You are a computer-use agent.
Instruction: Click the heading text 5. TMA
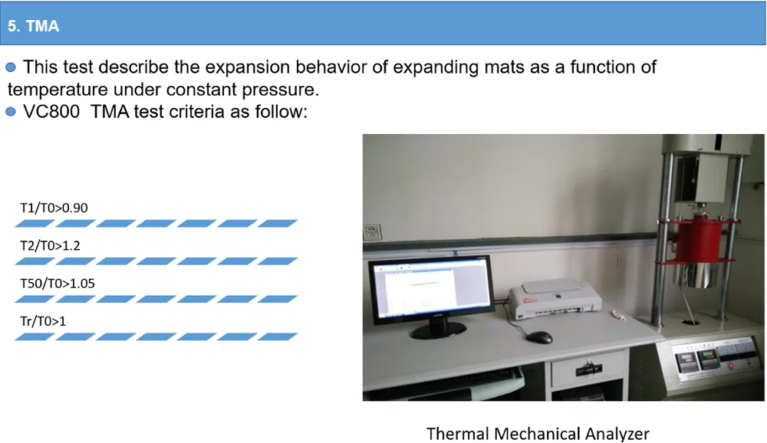(x=33, y=25)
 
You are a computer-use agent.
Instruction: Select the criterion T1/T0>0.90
(x=54, y=208)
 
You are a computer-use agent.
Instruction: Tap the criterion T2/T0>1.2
(x=50, y=245)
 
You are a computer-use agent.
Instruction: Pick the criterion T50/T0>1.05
(x=58, y=283)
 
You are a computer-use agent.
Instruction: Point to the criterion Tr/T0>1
(x=42, y=321)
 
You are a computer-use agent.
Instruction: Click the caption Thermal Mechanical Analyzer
(x=538, y=434)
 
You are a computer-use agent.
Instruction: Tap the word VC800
(x=51, y=111)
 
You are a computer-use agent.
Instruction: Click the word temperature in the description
(x=58, y=90)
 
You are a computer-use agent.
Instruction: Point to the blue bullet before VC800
(x=11, y=111)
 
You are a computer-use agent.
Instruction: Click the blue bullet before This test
(x=11, y=67)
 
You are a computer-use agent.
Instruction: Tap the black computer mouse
(x=539, y=337)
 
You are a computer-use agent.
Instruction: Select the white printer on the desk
(x=555, y=299)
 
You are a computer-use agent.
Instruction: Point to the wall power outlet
(x=372, y=232)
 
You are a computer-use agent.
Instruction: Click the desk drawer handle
(x=589, y=369)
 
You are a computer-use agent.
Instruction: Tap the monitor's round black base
(x=438, y=330)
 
